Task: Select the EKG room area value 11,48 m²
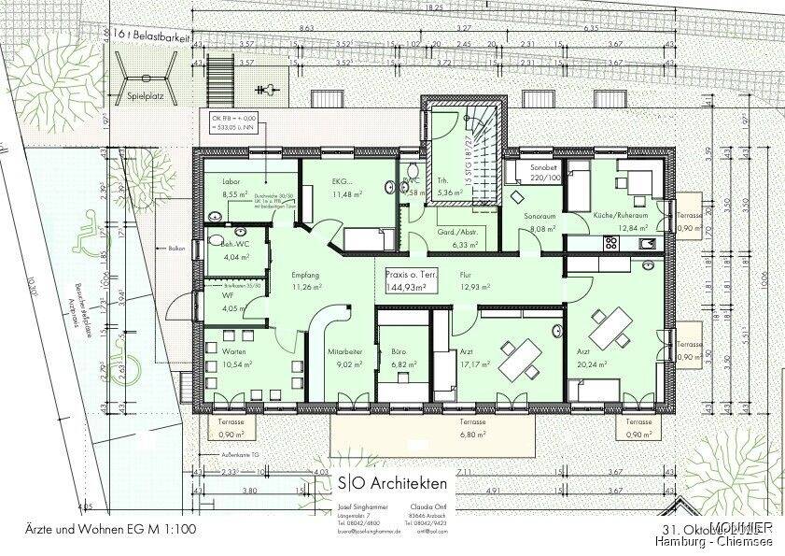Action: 321,193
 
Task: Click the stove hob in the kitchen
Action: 612,243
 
